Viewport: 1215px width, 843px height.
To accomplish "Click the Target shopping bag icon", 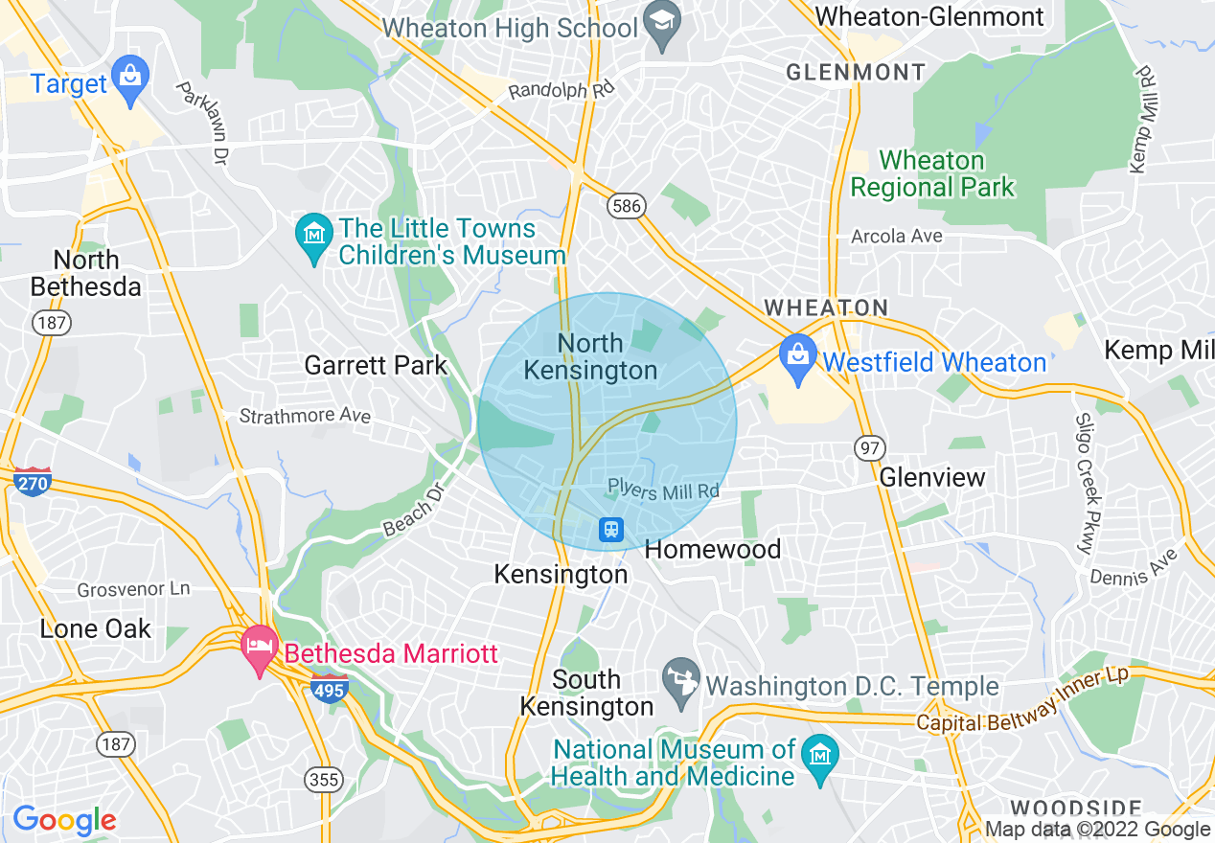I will click(126, 72).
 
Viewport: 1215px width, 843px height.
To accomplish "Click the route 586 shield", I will click(627, 205).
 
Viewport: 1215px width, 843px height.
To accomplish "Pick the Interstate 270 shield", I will click(31, 482).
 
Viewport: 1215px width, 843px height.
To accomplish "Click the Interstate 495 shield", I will click(329, 687).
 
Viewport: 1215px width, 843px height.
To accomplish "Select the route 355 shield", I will click(324, 779).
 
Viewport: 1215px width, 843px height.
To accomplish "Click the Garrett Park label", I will click(376, 365).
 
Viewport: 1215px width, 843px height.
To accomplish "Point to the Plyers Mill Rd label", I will click(663, 490).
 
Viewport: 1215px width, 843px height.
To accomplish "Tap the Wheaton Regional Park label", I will click(932, 173).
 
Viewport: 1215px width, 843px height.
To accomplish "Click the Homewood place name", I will click(713, 549).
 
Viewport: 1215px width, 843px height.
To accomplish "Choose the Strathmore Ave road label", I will click(304, 416).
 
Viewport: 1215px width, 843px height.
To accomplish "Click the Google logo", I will click(64, 820).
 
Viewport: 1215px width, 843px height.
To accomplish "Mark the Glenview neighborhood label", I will click(931, 476).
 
